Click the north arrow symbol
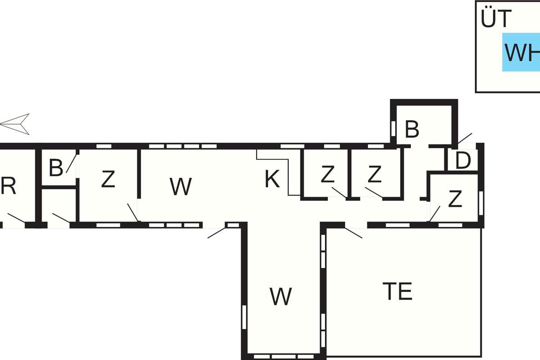coord(15,124)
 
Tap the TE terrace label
coord(397,291)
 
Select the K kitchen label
coord(272,179)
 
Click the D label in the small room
coord(463,160)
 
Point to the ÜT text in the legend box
coord(496,18)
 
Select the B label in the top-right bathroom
coord(412,129)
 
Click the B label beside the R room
coord(56,167)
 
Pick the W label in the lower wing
coord(281,296)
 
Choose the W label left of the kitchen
coord(180,186)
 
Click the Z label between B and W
coord(108,179)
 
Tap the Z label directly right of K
coord(328,174)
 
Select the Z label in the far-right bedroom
coord(455,199)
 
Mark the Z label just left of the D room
coord(374,174)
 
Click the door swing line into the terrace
coord(354,233)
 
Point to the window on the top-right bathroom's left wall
coord(393,129)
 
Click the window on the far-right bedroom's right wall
coord(481,203)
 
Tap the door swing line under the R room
coord(16,218)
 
